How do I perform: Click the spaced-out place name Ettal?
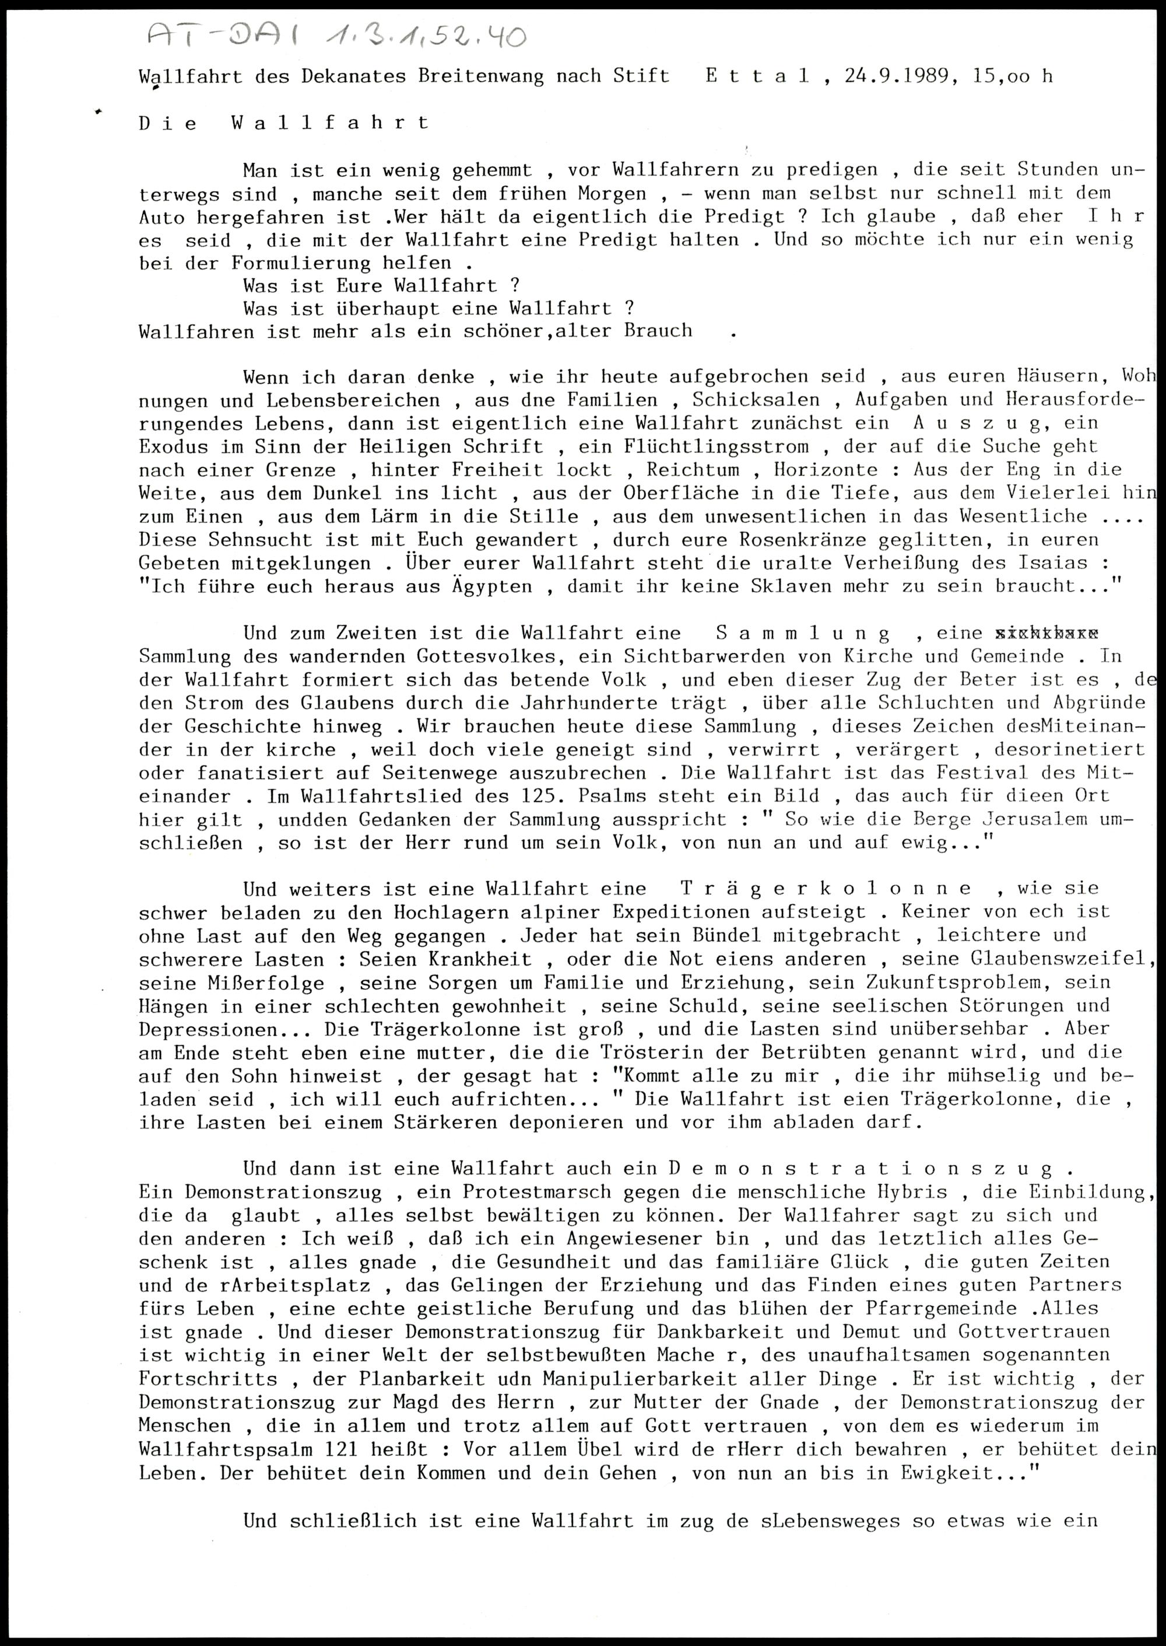[x=758, y=75]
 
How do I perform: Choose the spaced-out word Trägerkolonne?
[x=826, y=889]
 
